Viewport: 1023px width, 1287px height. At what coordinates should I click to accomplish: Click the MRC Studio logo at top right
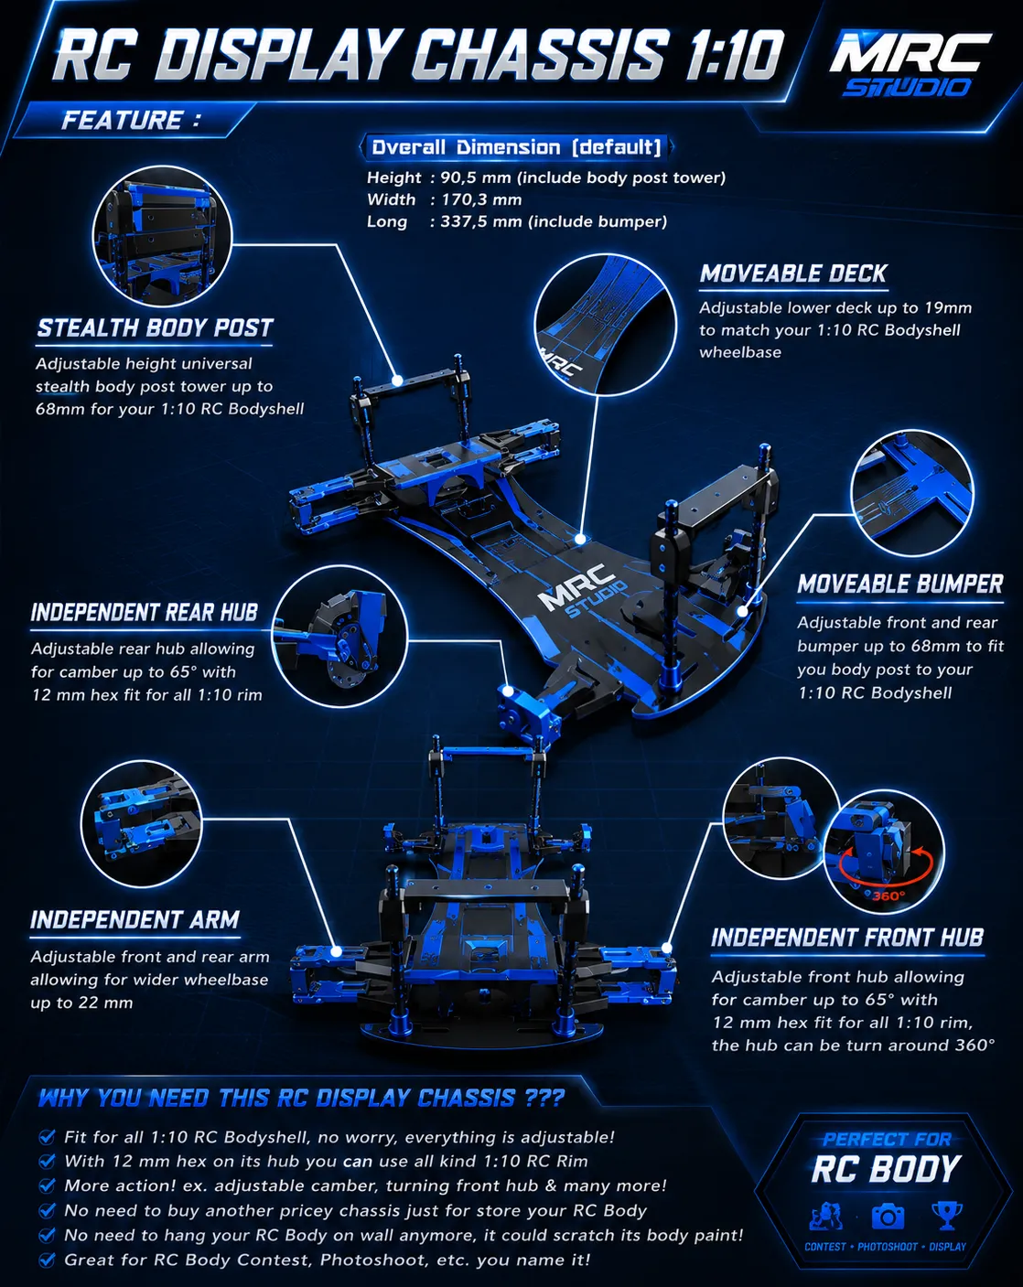coord(910,63)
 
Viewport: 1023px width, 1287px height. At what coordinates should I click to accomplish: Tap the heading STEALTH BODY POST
coord(155,328)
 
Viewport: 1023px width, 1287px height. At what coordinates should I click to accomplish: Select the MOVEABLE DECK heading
coord(793,273)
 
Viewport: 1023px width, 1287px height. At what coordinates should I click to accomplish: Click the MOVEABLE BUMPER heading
coord(900,585)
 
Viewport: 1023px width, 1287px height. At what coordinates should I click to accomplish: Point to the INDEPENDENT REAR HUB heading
coord(145,613)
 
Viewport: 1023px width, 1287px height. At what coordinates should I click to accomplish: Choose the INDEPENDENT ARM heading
coord(135,920)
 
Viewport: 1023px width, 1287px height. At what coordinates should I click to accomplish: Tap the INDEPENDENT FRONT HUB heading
coord(847,938)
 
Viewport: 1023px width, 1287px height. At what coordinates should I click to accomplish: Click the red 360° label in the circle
coord(888,896)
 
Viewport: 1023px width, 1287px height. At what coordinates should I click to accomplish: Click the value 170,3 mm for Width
coord(481,199)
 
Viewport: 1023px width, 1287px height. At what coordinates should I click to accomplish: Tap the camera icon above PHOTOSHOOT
coord(888,1217)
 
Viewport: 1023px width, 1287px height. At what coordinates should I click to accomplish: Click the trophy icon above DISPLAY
coord(947,1216)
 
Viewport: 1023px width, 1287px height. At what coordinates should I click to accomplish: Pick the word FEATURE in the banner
coord(122,120)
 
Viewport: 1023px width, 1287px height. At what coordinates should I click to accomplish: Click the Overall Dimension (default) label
coord(516,147)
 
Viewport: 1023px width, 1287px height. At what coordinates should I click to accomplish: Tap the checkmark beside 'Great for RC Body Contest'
coord(47,1260)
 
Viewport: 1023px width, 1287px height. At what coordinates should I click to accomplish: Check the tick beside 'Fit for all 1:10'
coord(47,1137)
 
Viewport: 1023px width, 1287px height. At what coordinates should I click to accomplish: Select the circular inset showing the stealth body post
coord(162,237)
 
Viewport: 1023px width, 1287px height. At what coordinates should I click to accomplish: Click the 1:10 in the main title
coord(734,55)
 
